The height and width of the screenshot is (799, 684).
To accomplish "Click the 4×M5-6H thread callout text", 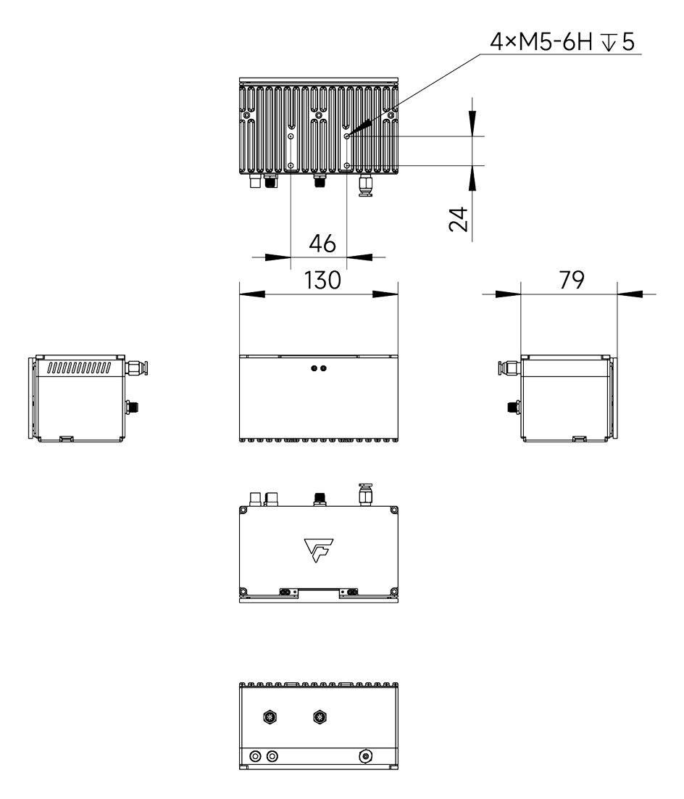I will pyautogui.click(x=562, y=44).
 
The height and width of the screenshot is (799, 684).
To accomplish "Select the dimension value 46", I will pyautogui.click(x=321, y=244).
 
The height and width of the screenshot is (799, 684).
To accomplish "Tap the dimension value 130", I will pyautogui.click(x=322, y=281).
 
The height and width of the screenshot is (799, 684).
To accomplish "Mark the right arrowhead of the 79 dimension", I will pyautogui.click(x=630, y=294).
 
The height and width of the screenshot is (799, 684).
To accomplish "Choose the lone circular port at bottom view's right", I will pyautogui.click(x=367, y=756).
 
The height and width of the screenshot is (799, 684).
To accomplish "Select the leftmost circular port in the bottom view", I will pyautogui.click(x=255, y=756).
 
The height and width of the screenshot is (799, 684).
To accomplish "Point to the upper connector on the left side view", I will pyautogui.click(x=136, y=368).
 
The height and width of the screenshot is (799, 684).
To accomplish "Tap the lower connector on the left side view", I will pyautogui.click(x=133, y=407).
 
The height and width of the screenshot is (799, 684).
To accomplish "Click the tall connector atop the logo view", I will pyautogui.click(x=365, y=494).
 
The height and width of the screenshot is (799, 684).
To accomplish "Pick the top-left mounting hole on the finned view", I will pyautogui.click(x=248, y=115).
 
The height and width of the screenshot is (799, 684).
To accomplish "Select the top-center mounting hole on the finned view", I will pyautogui.click(x=317, y=115).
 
